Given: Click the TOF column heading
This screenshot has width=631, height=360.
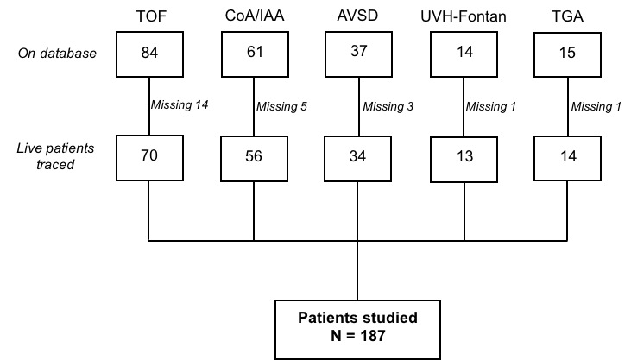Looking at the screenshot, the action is [151, 16].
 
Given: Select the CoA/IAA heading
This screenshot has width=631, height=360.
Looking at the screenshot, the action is [255, 16].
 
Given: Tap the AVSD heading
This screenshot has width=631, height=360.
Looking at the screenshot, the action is [357, 16].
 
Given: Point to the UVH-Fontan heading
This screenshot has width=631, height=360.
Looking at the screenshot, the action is [464, 16].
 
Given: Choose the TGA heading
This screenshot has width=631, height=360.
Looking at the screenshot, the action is [567, 16].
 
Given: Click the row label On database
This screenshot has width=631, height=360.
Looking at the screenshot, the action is [57, 54].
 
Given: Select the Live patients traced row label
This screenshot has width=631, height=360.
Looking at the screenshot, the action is [55, 156].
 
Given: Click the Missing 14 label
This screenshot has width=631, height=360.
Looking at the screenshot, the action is [180, 105].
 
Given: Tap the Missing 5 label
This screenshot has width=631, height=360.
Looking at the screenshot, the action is [281, 106].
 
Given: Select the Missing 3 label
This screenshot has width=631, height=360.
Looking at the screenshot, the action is [388, 106].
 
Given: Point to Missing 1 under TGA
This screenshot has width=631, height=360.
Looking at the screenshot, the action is [596, 106].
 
